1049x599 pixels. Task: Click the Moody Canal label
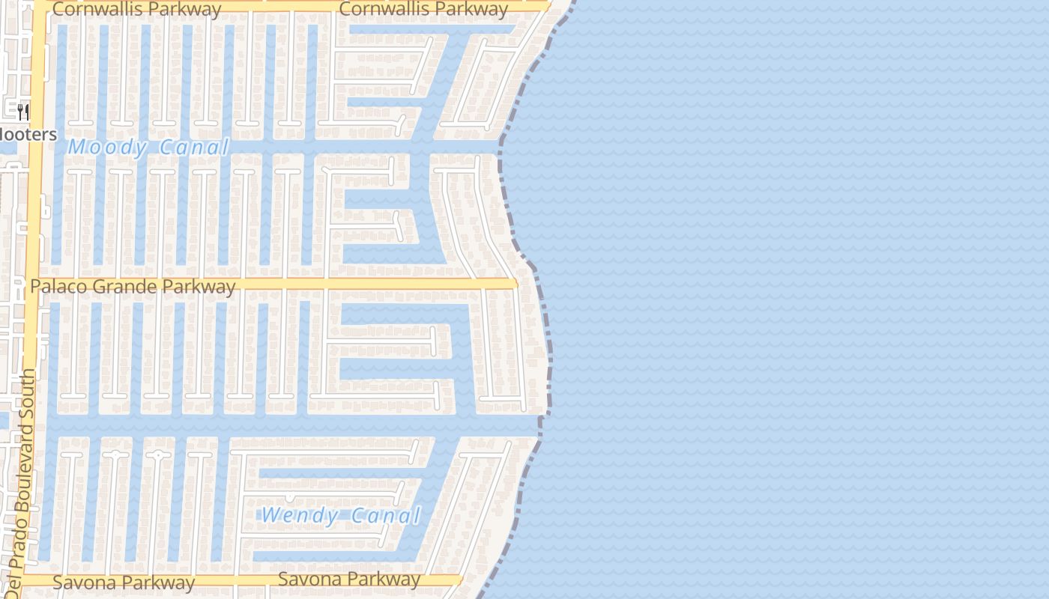148,147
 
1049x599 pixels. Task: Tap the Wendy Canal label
341,515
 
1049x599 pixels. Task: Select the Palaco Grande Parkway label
133,287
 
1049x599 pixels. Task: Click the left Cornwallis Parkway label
137,10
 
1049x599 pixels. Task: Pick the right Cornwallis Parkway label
423,10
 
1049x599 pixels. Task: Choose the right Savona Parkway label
349,580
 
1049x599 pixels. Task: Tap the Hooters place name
27,135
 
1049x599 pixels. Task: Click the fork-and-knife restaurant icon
23,112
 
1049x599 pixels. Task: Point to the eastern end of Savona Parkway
459,580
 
